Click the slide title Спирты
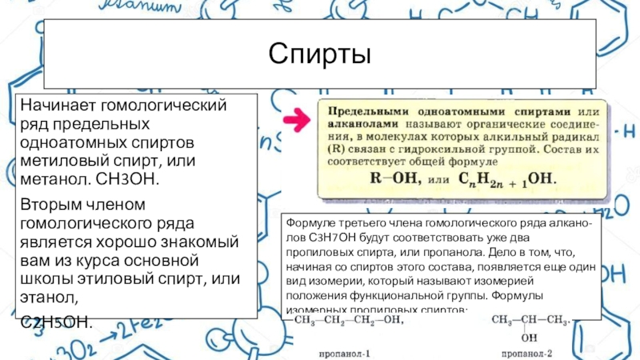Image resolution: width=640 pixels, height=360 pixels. point(320,55)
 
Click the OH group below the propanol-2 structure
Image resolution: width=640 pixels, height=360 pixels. point(529,337)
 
